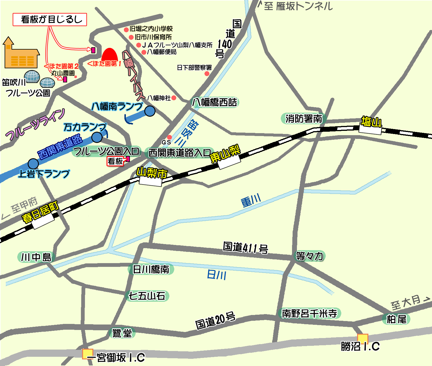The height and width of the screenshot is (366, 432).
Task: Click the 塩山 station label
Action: click(x=371, y=122)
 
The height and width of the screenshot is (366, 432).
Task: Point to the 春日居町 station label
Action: click(x=40, y=212)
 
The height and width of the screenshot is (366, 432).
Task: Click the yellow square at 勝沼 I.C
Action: click(x=363, y=339)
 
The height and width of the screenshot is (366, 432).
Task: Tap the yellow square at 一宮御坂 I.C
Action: click(x=88, y=354)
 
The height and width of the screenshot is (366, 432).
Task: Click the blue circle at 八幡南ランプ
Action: click(x=150, y=111)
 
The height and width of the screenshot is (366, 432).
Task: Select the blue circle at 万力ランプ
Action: click(x=97, y=137)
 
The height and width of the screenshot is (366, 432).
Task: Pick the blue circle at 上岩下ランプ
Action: click(x=33, y=164)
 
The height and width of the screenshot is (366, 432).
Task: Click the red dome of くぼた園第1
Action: click(x=110, y=55)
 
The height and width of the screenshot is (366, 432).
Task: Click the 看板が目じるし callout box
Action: click(x=50, y=20)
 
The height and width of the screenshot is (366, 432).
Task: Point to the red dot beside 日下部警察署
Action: click(x=207, y=74)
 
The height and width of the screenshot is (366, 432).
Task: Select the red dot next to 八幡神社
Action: click(x=174, y=98)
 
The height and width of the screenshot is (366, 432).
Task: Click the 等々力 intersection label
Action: click(x=310, y=256)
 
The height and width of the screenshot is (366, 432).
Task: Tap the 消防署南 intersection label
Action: click(x=304, y=118)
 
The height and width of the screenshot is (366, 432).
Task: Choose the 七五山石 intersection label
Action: click(x=147, y=296)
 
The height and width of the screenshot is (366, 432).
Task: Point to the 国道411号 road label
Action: click(x=245, y=248)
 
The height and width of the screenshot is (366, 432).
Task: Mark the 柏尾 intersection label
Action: click(x=396, y=319)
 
